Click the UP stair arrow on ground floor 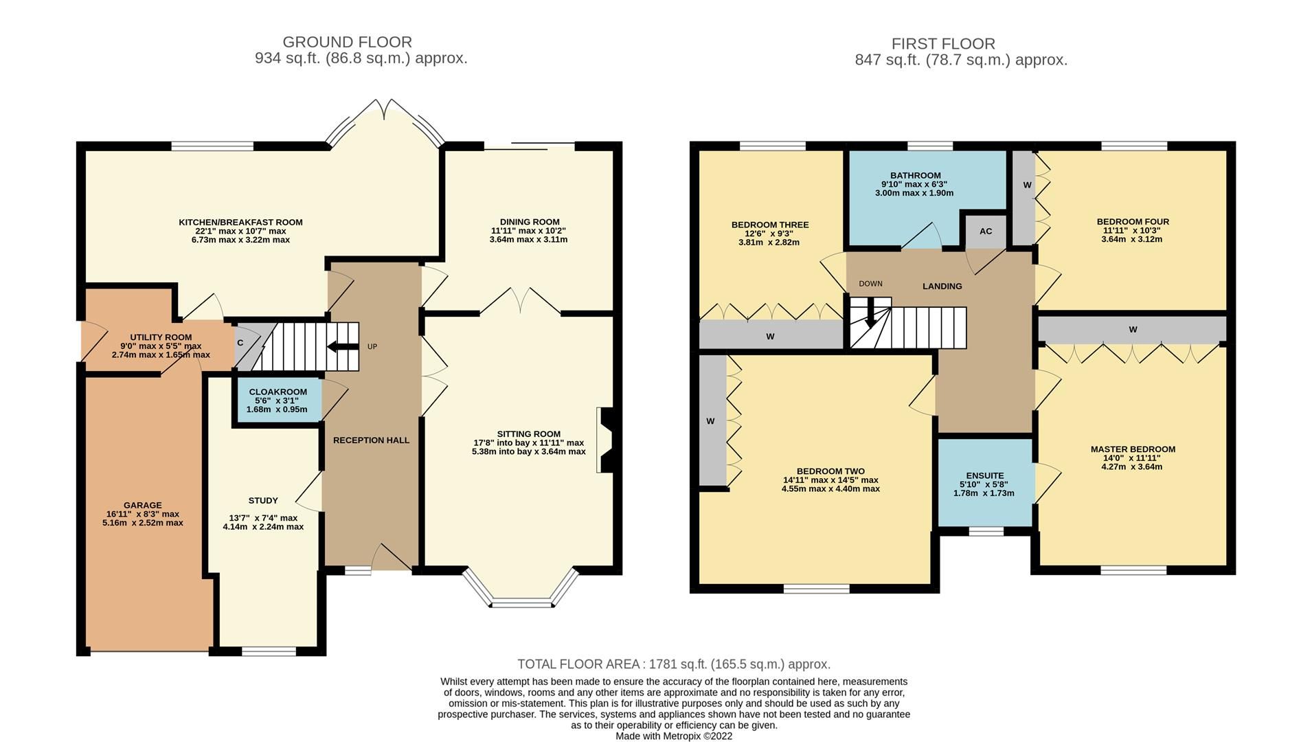pyautogui.click(x=342, y=347)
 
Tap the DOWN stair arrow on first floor pyautogui.click(x=870, y=315)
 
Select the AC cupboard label pyautogui.click(x=986, y=232)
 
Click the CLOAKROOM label pyautogui.click(x=278, y=392)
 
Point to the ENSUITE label pyautogui.click(x=984, y=475)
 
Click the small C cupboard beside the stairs pyautogui.click(x=240, y=343)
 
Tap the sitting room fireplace pyautogui.click(x=606, y=440)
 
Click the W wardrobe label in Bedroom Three pyautogui.click(x=770, y=337)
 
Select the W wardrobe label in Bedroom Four pyautogui.click(x=1027, y=185)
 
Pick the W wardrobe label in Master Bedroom pyautogui.click(x=1132, y=330)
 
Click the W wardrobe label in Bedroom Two pyautogui.click(x=710, y=421)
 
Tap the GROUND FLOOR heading pyautogui.click(x=347, y=43)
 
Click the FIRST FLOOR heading pyautogui.click(x=942, y=44)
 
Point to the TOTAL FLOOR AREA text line pyautogui.click(x=673, y=664)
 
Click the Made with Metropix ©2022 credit pyautogui.click(x=673, y=736)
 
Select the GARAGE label pyautogui.click(x=143, y=505)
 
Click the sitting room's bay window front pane pyautogui.click(x=522, y=604)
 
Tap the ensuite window pyautogui.click(x=986, y=531)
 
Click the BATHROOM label pyautogui.click(x=915, y=175)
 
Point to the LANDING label pyautogui.click(x=942, y=286)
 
